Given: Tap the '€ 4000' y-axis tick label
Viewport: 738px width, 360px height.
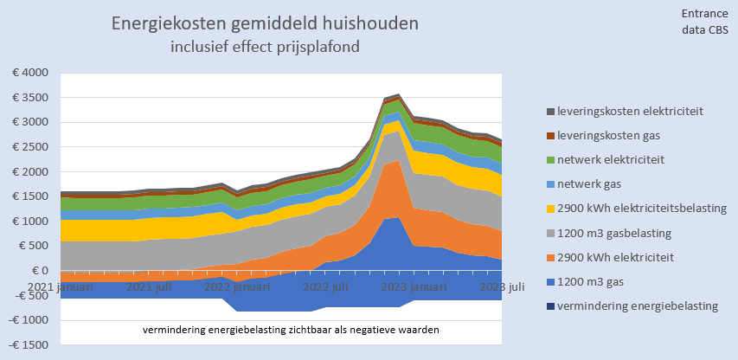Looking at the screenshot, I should click(30, 73).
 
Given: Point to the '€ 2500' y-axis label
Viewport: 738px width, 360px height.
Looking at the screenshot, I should click(30, 147).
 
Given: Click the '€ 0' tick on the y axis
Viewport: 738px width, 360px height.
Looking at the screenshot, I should click(39, 271).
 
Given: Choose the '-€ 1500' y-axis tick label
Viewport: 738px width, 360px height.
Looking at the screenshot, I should click(29, 345).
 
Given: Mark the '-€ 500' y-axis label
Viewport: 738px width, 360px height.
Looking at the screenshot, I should click(31, 296).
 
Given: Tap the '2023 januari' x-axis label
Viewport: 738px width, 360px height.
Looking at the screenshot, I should click(408, 286).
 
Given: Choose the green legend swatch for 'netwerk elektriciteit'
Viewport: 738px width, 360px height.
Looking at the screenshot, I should click(550, 160).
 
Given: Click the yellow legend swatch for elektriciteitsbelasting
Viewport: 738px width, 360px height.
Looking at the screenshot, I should click(550, 209).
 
